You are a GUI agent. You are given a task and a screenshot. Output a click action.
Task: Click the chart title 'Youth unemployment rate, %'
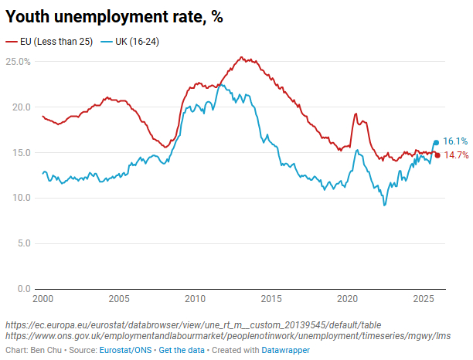(114, 16)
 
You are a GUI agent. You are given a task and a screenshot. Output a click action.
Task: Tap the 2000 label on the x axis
(43, 299)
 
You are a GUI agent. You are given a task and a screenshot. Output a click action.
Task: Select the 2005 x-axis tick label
(118, 299)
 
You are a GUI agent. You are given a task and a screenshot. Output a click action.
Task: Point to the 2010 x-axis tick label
(194, 299)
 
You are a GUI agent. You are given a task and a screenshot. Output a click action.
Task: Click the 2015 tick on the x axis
(271, 299)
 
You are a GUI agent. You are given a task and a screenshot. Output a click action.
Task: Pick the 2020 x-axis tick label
(347, 299)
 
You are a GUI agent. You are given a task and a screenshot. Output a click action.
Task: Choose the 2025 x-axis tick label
(423, 299)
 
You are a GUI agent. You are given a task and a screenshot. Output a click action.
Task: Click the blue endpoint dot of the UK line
(436, 142)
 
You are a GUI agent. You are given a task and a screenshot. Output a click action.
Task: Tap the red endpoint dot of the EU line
(437, 155)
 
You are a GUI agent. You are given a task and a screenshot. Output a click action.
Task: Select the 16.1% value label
(455, 141)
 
